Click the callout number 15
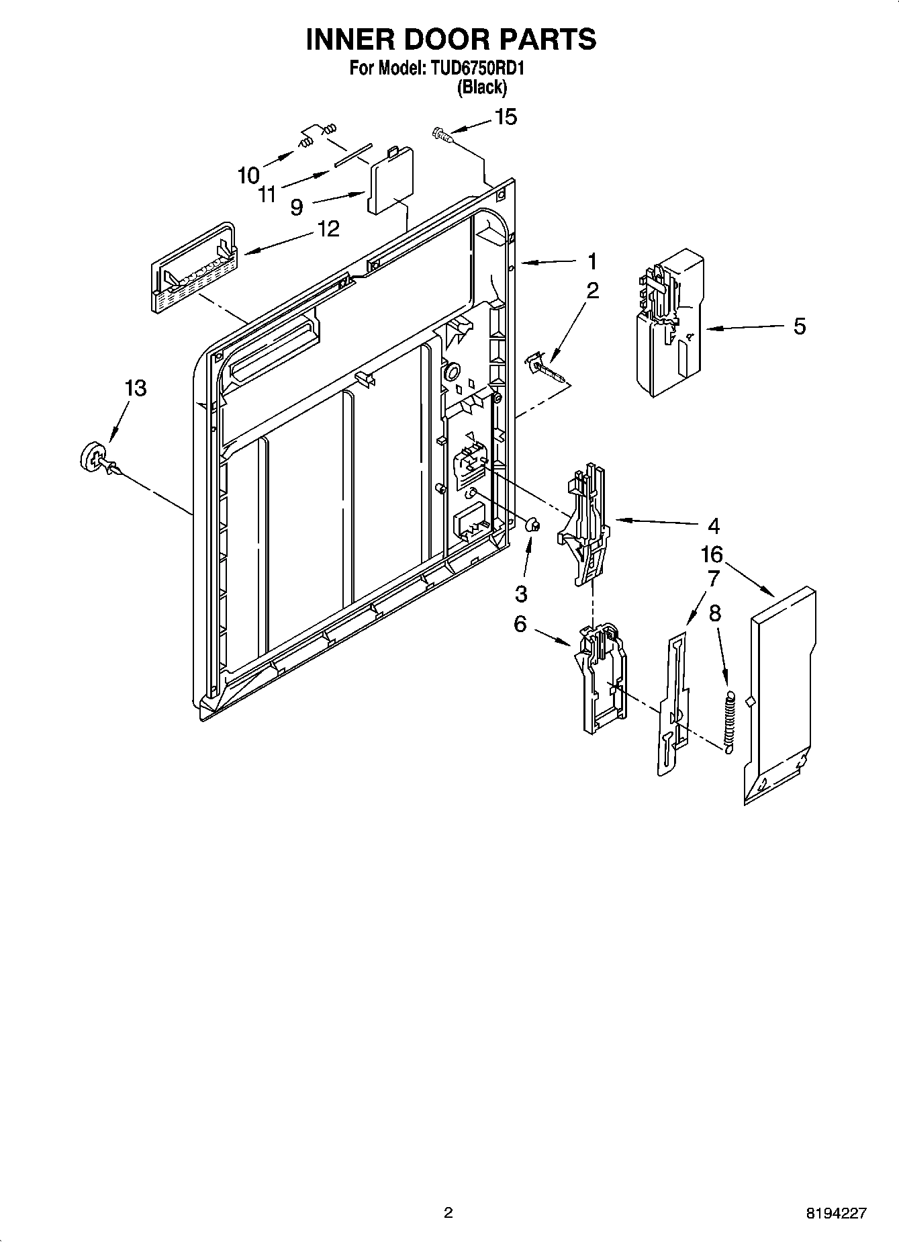(506, 117)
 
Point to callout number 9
(296, 207)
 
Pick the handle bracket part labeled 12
(193, 269)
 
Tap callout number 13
(136, 388)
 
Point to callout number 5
(799, 326)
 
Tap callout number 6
(520, 624)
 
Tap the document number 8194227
(836, 1213)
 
